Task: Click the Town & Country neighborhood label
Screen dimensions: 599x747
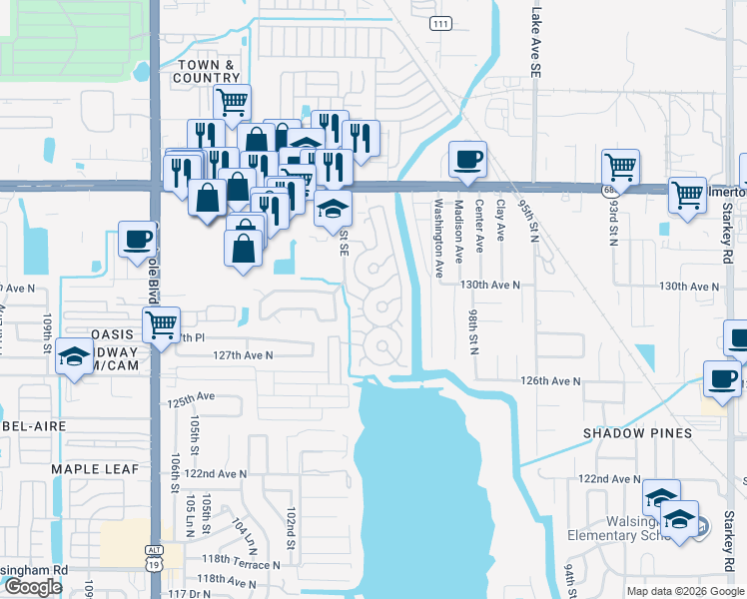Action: [208, 70]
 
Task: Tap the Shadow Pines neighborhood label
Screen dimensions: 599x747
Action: [638, 433]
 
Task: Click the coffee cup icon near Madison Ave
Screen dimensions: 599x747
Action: [466, 159]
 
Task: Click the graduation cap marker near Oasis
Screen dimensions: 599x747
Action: [73, 356]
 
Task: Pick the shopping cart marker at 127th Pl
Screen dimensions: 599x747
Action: [161, 323]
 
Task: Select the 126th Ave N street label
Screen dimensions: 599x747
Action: [550, 381]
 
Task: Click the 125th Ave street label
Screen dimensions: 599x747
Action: [192, 399]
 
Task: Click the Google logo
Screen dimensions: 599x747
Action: [33, 587]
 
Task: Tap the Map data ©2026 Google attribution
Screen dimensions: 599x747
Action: [685, 591]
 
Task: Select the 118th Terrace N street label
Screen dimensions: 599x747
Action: [238, 564]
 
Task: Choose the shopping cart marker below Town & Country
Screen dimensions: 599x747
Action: [231, 100]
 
